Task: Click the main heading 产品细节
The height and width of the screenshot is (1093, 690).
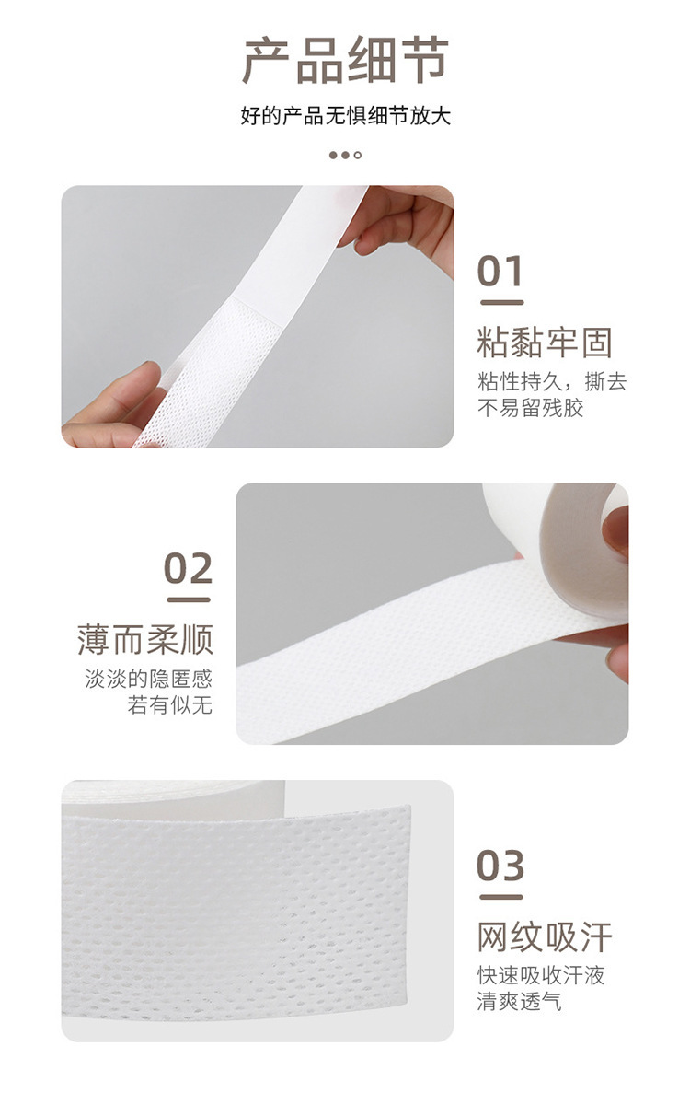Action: (345, 61)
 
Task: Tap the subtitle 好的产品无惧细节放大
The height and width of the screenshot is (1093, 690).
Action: (345, 117)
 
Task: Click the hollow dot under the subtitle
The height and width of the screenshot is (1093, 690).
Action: (358, 155)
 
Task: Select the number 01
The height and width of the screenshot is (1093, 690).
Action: (500, 272)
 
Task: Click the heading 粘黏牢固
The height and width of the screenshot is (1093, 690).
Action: (544, 343)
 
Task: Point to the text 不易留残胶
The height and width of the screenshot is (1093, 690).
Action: (530, 407)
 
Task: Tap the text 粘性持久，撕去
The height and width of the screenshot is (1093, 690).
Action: (551, 381)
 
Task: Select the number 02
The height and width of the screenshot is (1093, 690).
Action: (189, 569)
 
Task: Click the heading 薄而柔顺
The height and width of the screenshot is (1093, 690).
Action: (145, 640)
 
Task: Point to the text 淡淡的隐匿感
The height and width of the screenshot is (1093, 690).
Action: (148, 680)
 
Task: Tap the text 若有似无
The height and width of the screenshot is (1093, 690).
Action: (170, 705)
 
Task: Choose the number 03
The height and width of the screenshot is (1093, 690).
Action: (500, 866)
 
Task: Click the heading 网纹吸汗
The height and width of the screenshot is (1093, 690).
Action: (544, 937)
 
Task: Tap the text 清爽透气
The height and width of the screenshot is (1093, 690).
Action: (519, 1002)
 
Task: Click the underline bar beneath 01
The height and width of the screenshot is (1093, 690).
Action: (500, 302)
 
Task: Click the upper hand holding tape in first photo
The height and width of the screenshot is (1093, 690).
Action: (409, 221)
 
